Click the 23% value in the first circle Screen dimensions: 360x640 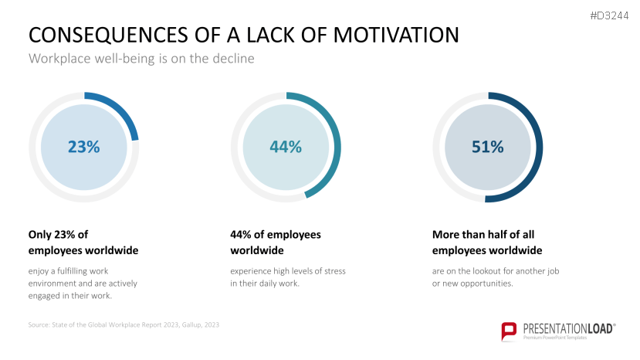[x=83, y=147]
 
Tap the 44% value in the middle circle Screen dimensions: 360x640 [x=286, y=147]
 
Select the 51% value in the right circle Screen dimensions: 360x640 [x=488, y=147]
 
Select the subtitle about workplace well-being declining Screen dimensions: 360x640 [x=141, y=58]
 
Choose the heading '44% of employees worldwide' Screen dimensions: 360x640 [x=276, y=243]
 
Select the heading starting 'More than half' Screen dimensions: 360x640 [x=487, y=243]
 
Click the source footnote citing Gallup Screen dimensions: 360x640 [x=124, y=325]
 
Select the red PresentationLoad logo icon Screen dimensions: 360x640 [x=509, y=331]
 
